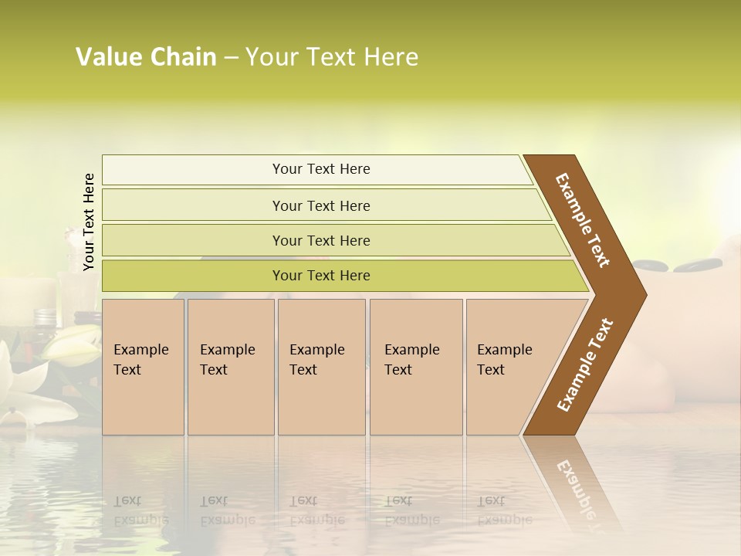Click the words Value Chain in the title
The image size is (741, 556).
click(x=146, y=57)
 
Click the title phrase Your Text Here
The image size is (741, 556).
click(x=332, y=57)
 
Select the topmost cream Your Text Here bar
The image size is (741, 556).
click(x=320, y=169)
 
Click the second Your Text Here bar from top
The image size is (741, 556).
click(x=320, y=205)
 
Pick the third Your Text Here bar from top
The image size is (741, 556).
click(x=320, y=240)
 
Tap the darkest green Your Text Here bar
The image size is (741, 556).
click(x=320, y=276)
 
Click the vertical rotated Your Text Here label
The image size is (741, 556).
click(x=89, y=222)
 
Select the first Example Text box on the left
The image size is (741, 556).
click(x=143, y=367)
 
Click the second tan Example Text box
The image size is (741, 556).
click(x=230, y=367)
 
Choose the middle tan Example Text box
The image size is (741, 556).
click(x=321, y=367)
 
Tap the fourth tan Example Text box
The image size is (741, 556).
click(x=415, y=367)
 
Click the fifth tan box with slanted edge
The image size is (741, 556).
click(x=509, y=367)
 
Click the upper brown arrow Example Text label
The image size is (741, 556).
click(x=583, y=220)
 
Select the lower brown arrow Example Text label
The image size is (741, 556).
click(x=585, y=364)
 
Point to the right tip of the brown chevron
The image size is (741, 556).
click(x=645, y=295)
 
